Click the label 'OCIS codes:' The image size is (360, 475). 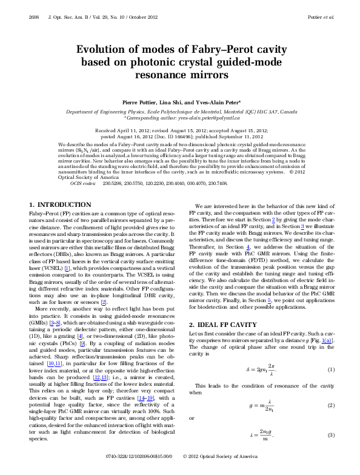pyautogui.click(x=83, y=182)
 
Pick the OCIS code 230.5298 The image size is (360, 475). pyautogui.click(x=113, y=182)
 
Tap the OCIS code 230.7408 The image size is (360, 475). pyautogui.click(x=218, y=182)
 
